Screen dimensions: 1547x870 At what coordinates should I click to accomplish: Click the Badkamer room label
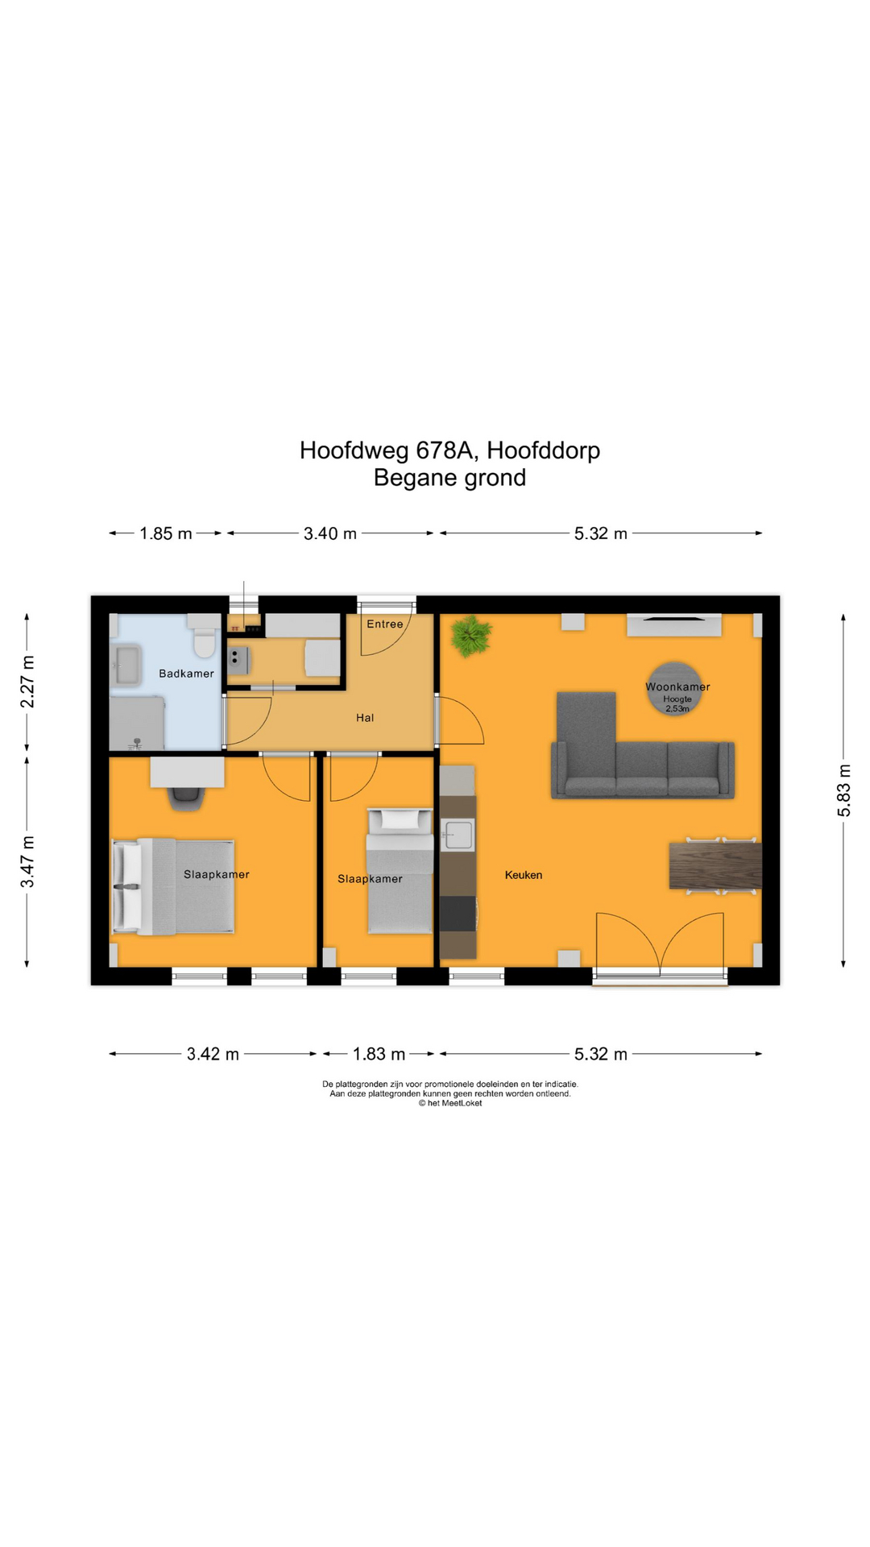186,674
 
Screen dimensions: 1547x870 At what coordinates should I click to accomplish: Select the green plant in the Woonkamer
471,635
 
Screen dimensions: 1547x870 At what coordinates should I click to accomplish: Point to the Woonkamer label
677,686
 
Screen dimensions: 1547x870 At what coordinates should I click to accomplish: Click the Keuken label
524,875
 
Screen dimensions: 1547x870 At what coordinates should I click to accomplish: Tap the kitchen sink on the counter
458,835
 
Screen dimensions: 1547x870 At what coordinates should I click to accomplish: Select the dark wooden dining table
715,866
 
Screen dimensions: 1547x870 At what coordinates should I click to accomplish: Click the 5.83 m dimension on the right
843,790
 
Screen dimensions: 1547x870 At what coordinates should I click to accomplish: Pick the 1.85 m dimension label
166,533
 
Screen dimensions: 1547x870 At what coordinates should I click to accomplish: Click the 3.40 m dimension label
330,533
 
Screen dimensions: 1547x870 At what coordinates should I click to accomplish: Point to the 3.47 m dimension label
27,861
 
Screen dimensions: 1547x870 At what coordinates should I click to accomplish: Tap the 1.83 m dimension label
379,1054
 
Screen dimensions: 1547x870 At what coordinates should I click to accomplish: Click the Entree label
385,624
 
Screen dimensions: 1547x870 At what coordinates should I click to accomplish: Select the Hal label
365,718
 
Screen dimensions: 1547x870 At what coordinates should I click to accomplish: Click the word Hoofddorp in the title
543,450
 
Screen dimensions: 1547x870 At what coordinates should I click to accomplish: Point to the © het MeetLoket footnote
450,1103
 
